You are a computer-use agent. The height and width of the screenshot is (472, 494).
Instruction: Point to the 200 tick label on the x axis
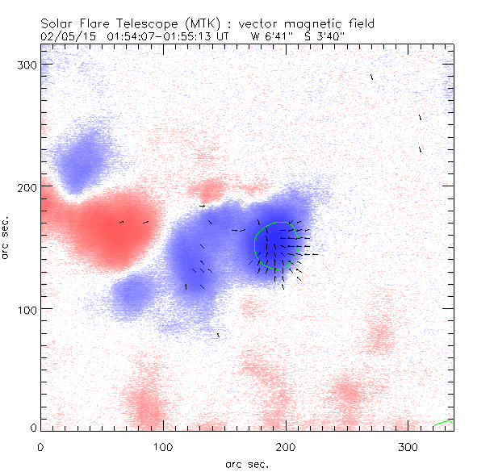tap(285, 446)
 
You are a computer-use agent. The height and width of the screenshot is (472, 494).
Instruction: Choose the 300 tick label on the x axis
tap(408, 446)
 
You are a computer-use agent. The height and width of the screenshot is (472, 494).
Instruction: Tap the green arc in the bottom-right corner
tap(443, 423)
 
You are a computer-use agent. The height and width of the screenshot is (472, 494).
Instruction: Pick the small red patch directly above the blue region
tap(211, 191)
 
